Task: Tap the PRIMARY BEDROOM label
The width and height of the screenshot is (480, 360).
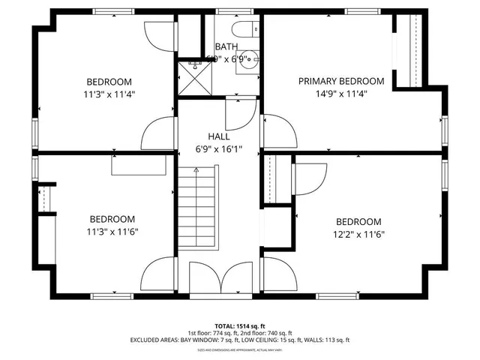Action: tap(341, 81)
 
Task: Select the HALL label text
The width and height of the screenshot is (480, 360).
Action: tap(219, 136)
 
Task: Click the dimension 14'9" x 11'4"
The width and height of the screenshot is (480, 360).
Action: tap(341, 94)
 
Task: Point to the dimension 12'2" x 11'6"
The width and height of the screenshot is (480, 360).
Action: tap(358, 234)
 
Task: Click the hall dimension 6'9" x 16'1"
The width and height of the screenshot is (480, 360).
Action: tap(219, 148)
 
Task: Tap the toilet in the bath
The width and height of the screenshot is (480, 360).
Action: tap(242, 29)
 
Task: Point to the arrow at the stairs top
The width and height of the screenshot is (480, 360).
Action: tap(197, 170)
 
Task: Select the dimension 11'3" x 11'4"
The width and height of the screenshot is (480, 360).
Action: tap(109, 94)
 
